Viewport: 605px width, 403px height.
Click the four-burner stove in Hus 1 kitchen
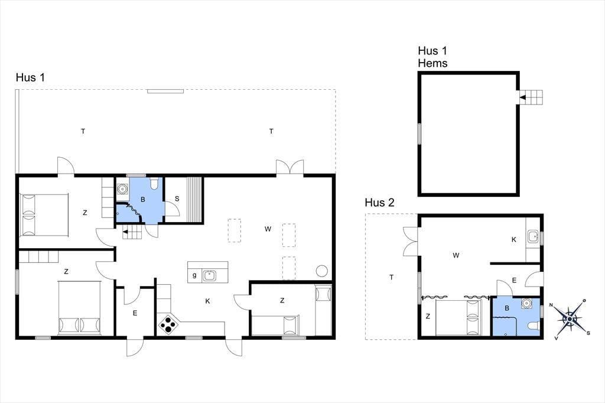(x=168, y=324)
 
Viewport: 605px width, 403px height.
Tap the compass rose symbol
(x=570, y=319)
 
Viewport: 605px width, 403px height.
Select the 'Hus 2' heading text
(x=379, y=203)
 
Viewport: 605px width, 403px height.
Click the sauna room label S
(x=177, y=199)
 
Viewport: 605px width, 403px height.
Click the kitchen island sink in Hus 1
(x=209, y=275)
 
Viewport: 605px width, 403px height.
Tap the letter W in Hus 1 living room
(x=268, y=229)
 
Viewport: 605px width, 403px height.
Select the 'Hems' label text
(x=432, y=63)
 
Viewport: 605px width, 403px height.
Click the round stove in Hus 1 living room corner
(x=321, y=271)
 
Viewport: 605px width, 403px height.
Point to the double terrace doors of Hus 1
(x=290, y=167)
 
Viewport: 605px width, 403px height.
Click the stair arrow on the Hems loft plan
(x=523, y=97)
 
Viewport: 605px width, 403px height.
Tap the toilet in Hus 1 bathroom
(x=154, y=183)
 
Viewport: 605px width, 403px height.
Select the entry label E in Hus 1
(x=135, y=313)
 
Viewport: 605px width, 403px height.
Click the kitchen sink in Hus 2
(x=534, y=236)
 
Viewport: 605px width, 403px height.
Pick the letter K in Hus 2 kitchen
(x=513, y=239)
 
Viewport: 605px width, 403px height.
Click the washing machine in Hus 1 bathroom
(x=123, y=188)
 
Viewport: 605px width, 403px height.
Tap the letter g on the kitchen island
(x=194, y=275)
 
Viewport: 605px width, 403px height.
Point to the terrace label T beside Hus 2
(x=391, y=277)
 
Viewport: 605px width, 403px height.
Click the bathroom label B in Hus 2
(x=507, y=308)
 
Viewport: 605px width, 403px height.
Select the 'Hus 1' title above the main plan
(x=31, y=77)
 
